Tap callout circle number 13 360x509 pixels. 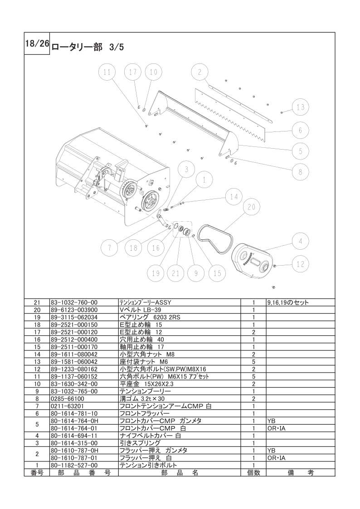[300, 107]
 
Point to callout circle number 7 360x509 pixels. [109, 247]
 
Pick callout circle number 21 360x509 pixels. [175, 273]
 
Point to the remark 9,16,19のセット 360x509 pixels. [288, 302]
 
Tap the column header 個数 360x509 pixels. [253, 472]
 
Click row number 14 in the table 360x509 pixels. [36, 354]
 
